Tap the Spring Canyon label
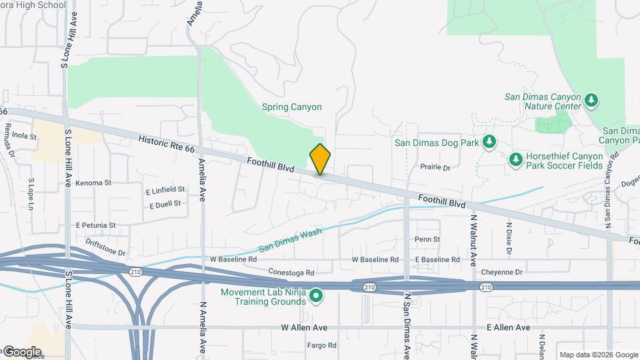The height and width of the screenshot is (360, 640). [291, 107]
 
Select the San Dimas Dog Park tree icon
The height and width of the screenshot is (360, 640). [490, 141]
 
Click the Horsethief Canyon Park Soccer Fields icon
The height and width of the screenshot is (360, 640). [515, 160]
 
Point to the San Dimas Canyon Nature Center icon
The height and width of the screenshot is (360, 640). [591, 101]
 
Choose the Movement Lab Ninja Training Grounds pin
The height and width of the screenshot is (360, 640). [317, 295]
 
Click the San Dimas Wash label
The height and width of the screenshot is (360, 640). [290, 239]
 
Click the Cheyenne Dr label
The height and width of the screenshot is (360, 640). [500, 272]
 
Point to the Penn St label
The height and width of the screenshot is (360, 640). [427, 239]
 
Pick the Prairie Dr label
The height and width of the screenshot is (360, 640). [435, 167]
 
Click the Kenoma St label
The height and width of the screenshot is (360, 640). [93, 183]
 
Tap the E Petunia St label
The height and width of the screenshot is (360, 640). [95, 225]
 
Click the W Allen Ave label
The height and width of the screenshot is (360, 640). [304, 327]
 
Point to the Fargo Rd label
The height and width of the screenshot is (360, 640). [321, 345]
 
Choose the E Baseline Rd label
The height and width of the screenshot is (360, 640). [437, 259]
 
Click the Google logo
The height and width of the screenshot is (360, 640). [21, 351]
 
